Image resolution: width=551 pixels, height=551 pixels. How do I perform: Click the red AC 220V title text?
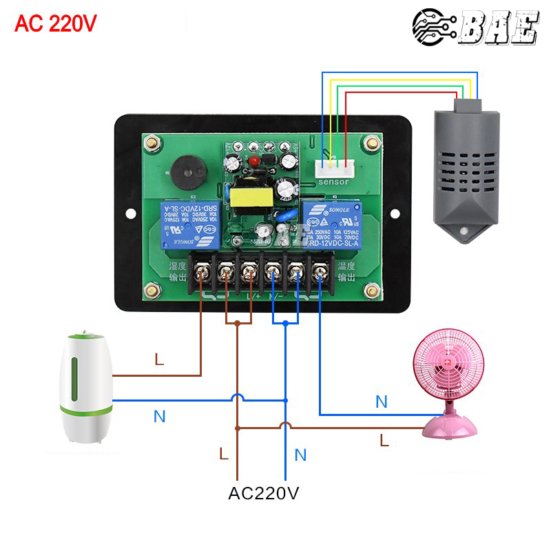click(56, 23)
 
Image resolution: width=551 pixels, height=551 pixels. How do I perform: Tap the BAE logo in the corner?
click(475, 27)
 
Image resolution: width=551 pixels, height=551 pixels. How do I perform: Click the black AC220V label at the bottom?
click(264, 493)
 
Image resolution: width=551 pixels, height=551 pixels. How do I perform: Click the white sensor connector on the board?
click(334, 167)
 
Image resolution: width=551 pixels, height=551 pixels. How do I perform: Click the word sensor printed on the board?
click(334, 182)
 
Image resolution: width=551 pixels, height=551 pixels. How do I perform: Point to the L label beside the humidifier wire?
click(160, 360)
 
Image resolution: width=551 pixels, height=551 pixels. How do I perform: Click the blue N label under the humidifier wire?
click(159, 416)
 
